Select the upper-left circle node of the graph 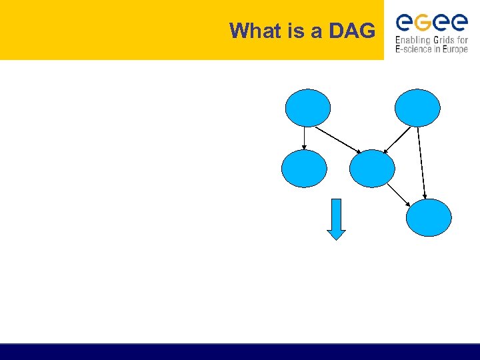pos(308,108)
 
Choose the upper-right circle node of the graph pos(417,108)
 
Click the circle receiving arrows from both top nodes pos(372,169)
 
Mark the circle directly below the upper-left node pos(305,169)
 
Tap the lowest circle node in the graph pos(429,217)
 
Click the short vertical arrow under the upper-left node pos(305,138)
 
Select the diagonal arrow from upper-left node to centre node pos(338,139)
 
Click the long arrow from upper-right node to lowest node pos(422,162)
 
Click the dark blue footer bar pos(240,351)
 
